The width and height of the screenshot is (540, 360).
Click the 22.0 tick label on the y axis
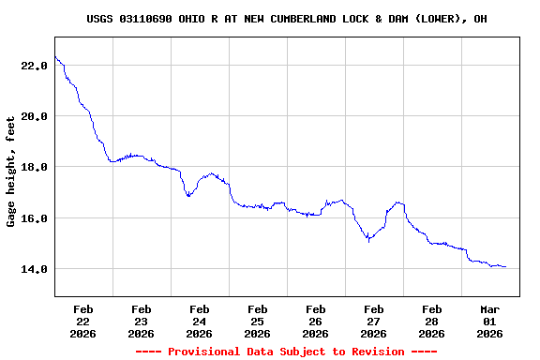[35, 66]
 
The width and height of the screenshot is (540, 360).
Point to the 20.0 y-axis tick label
[35, 116]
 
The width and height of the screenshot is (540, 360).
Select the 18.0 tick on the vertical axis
[35, 167]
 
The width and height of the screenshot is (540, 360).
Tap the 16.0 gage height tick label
[35, 218]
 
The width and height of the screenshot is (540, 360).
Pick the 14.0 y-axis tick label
[35, 269]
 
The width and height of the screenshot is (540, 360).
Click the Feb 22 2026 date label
[83, 321]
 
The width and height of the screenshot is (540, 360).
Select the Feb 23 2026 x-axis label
[142, 321]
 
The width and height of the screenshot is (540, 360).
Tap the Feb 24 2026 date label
[200, 321]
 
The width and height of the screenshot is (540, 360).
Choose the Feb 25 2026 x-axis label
[258, 321]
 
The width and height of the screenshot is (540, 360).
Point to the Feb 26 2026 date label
[316, 321]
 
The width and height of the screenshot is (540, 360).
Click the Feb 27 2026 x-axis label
[374, 321]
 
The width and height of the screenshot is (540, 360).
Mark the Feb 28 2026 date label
[432, 321]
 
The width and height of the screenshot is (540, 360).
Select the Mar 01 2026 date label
[490, 321]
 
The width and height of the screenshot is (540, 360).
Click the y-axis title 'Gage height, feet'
[11, 172]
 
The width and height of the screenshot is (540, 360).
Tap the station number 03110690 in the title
[145, 19]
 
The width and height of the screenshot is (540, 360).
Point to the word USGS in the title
[99, 19]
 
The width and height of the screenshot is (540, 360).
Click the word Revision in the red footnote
[374, 352]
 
